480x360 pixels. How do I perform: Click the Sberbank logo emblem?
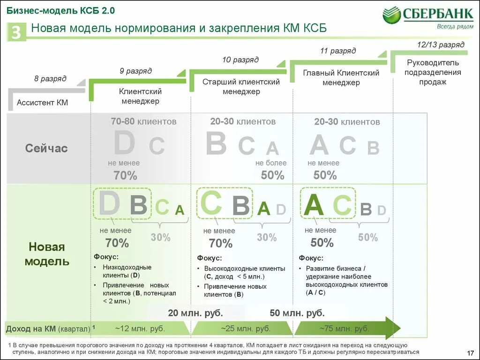click(391, 15)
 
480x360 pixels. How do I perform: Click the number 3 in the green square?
click(16, 33)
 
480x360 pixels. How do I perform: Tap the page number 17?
click(471, 352)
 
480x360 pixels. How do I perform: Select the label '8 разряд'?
click(50, 78)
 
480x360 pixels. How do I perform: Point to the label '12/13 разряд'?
click(441, 45)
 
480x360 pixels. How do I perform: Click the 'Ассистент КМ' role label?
click(43, 102)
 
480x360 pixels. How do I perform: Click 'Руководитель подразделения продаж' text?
click(434, 72)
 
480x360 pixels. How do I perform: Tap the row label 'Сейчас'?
click(46, 149)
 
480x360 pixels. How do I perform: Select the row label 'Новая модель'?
click(46, 254)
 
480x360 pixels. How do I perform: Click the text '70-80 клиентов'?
click(143, 121)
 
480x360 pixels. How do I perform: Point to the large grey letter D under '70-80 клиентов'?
click(124, 144)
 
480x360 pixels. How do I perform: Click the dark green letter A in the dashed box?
click(314, 205)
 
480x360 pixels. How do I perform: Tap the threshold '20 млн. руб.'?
click(195, 313)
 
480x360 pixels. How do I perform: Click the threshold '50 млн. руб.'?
click(297, 313)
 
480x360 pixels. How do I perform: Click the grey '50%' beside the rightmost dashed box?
click(368, 238)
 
